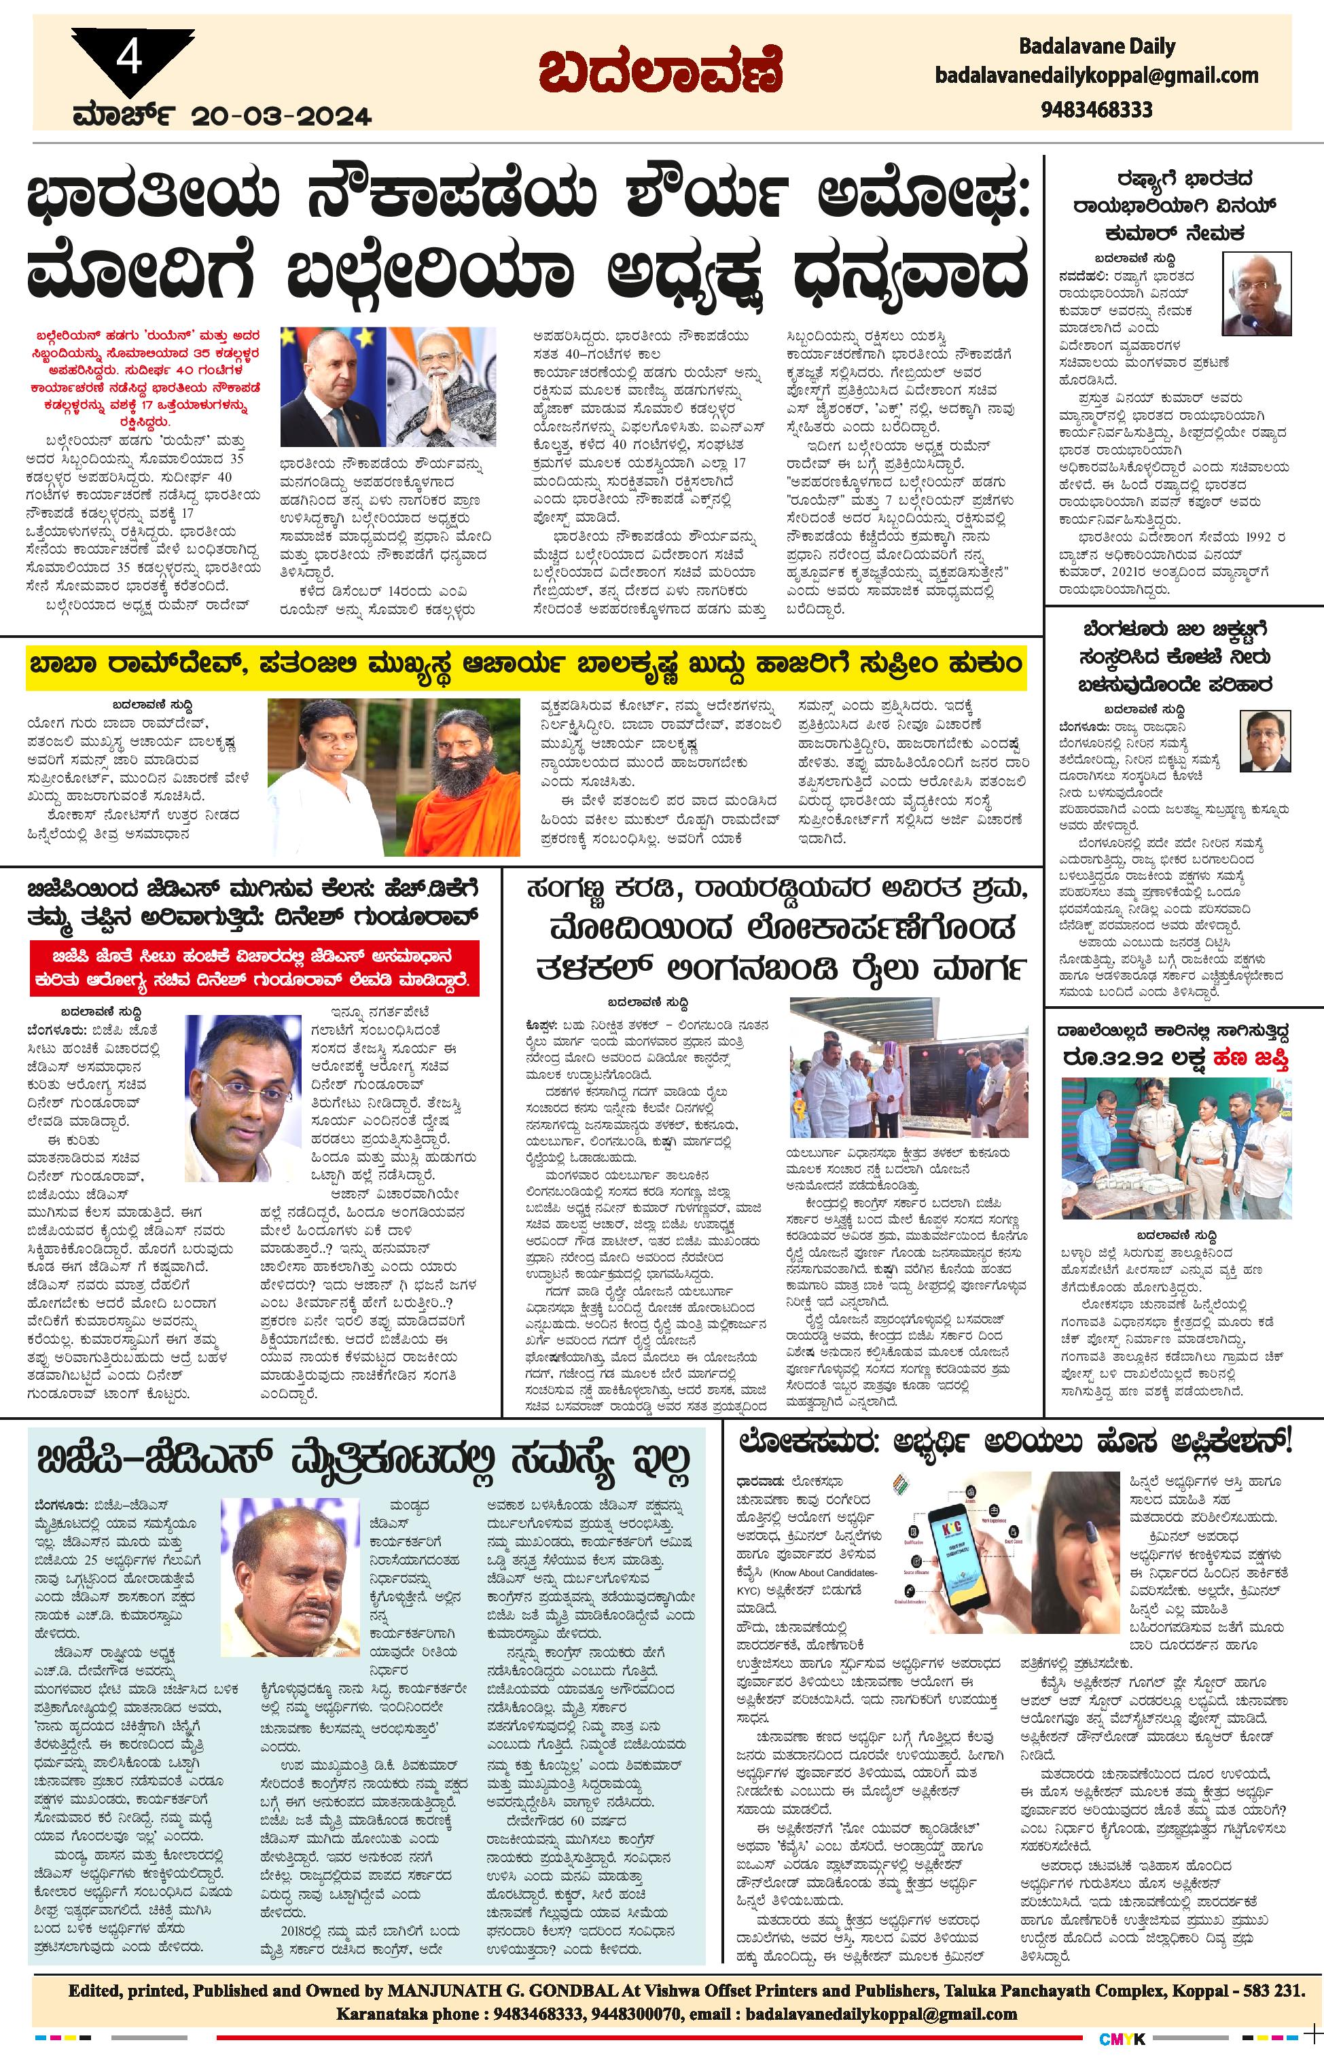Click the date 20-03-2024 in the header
282,116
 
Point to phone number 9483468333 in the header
1096,109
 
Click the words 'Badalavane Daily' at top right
1096,46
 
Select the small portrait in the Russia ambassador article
1256,294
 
